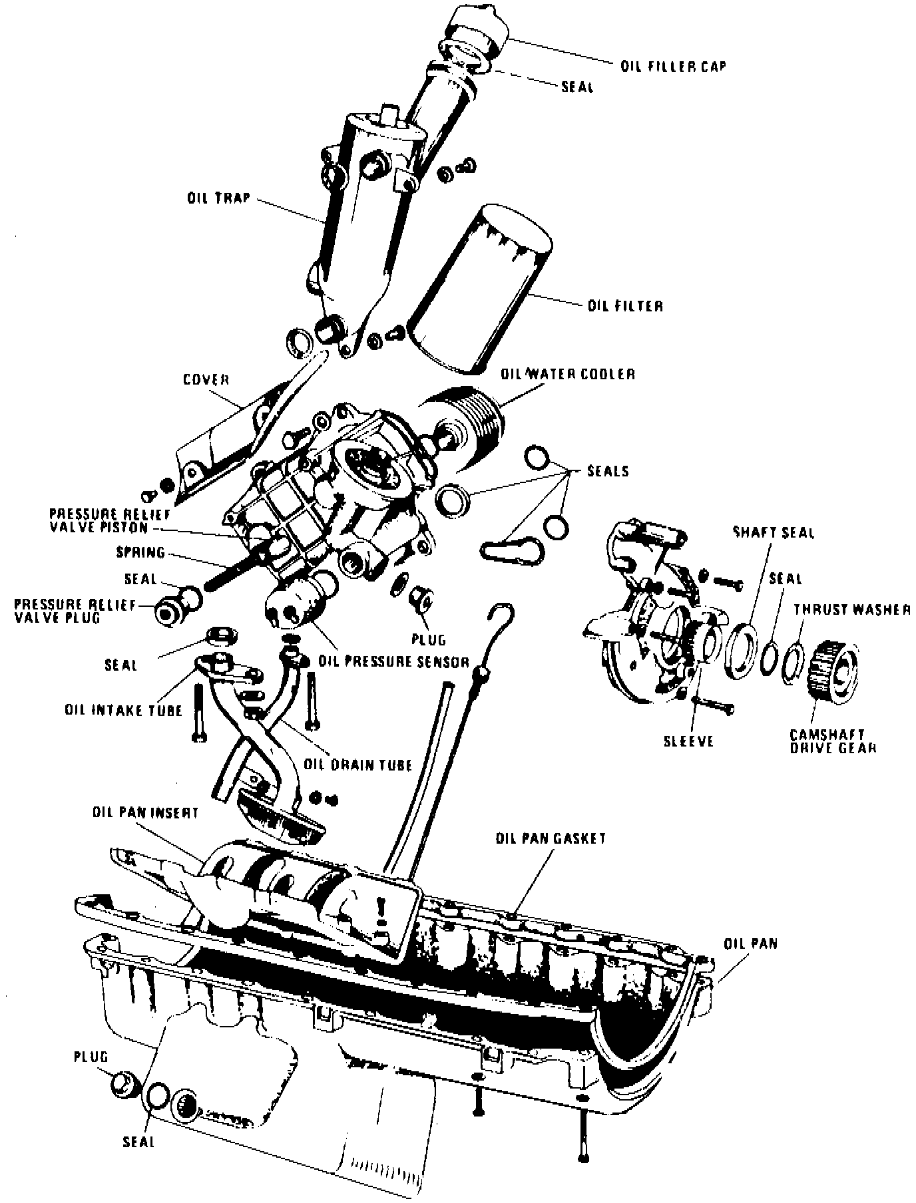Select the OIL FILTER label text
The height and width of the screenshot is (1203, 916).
(625, 306)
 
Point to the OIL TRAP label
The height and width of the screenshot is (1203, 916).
(218, 198)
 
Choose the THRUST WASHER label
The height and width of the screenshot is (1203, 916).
(851, 609)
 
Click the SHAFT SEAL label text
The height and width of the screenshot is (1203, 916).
(774, 533)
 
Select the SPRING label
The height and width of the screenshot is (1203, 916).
(140, 552)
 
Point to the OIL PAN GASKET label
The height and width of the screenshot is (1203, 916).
(551, 838)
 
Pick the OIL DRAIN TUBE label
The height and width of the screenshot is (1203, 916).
(357, 765)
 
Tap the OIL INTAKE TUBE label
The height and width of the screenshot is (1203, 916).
(123, 710)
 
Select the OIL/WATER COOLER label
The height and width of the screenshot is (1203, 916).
(567, 374)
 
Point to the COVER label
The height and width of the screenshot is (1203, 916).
(206, 380)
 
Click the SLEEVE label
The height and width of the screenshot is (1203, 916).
(688, 741)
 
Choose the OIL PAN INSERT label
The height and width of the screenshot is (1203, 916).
(146, 813)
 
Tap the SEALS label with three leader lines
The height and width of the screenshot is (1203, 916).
(607, 471)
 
